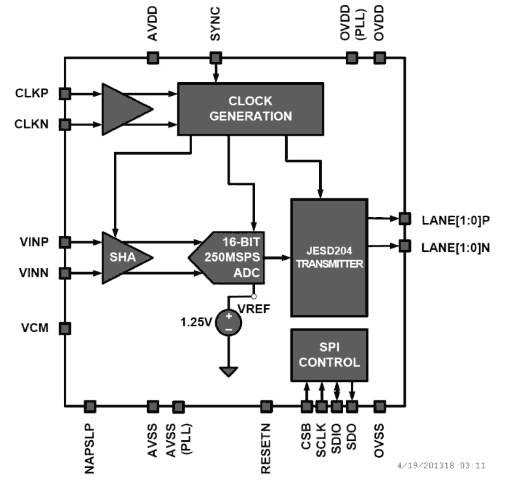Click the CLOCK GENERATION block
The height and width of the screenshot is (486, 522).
click(x=250, y=109)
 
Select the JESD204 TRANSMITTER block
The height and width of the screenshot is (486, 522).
click(x=329, y=258)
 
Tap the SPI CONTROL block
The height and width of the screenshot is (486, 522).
click(x=329, y=355)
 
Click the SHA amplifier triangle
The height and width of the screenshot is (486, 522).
click(x=123, y=258)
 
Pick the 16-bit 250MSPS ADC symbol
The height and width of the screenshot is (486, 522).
click(x=233, y=258)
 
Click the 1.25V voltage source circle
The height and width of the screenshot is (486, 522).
click(x=229, y=322)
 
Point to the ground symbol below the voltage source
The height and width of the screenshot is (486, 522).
click(x=229, y=371)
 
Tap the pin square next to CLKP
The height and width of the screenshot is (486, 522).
click(x=65, y=93)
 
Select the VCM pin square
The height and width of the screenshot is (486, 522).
click(x=65, y=329)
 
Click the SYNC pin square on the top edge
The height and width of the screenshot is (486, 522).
click(x=215, y=57)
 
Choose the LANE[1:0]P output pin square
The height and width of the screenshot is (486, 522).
click(x=404, y=218)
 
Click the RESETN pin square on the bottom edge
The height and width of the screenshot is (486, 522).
click(x=266, y=406)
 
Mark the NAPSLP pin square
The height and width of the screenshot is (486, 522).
click(x=90, y=406)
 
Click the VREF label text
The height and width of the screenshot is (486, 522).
click(x=254, y=309)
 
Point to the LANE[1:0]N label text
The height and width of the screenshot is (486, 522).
click(x=456, y=248)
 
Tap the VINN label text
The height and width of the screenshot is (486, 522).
click(x=34, y=273)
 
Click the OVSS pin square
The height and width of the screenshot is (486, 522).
click(x=379, y=406)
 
